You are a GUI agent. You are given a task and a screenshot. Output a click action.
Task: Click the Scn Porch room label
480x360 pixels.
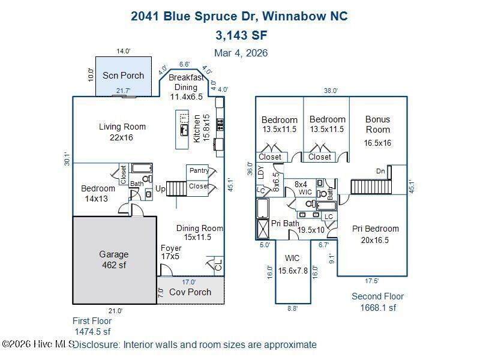[123, 76]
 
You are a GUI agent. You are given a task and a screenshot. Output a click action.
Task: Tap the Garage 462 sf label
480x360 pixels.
[114, 260]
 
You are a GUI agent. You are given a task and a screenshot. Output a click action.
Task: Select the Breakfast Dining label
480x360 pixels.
[183, 87]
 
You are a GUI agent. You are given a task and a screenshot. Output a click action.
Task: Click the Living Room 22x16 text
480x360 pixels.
[122, 132]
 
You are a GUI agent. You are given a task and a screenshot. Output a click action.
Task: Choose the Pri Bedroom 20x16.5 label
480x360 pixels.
[375, 234]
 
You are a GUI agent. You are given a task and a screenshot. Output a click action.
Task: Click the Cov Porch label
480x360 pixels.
[190, 292]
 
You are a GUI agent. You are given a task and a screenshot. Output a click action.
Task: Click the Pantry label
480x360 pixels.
[199, 171]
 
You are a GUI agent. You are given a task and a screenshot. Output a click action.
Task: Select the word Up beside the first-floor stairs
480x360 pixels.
[160, 189]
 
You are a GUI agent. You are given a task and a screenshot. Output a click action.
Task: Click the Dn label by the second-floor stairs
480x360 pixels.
[380, 170]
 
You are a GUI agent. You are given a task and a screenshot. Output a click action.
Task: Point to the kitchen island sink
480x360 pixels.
[184, 130]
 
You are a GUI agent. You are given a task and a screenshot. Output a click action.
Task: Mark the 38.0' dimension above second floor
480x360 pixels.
[331, 91]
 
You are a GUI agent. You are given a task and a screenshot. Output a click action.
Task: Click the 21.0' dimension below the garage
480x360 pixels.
[115, 311]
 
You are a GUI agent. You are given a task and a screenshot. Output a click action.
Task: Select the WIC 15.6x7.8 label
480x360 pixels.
[293, 265]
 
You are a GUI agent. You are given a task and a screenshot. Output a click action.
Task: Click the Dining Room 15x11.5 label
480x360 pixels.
[199, 233]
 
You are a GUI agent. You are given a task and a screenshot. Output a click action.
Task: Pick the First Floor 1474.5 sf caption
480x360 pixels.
[92, 326]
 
